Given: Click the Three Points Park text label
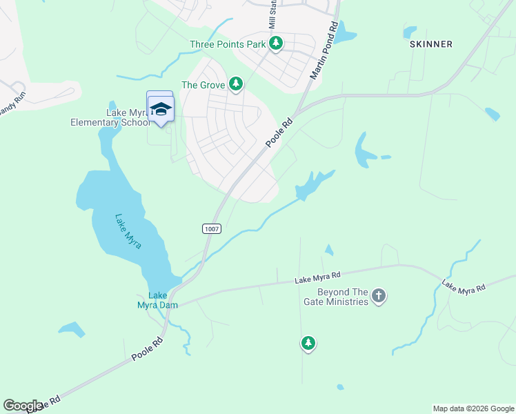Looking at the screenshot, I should (228, 45).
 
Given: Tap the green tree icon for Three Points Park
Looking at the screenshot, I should (276, 44).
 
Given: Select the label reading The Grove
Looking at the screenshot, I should (203, 85).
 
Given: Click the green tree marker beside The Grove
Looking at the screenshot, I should (236, 84).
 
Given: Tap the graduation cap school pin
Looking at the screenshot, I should (161, 109).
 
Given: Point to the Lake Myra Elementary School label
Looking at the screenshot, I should (110, 117).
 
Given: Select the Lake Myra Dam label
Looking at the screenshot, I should (157, 300).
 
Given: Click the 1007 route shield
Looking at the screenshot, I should (211, 228).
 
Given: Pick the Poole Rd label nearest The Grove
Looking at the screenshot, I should (279, 132).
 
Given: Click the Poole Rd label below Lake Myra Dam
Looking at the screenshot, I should (147, 350).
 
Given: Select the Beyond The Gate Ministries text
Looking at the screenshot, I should (335, 297).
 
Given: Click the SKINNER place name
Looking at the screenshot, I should (431, 44).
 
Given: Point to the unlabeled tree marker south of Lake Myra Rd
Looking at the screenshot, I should (308, 343).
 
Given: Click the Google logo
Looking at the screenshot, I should (23, 406).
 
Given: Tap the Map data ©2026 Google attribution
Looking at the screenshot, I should (473, 408).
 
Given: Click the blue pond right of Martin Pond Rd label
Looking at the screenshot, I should (345, 32).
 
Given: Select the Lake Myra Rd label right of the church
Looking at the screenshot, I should (464, 286).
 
